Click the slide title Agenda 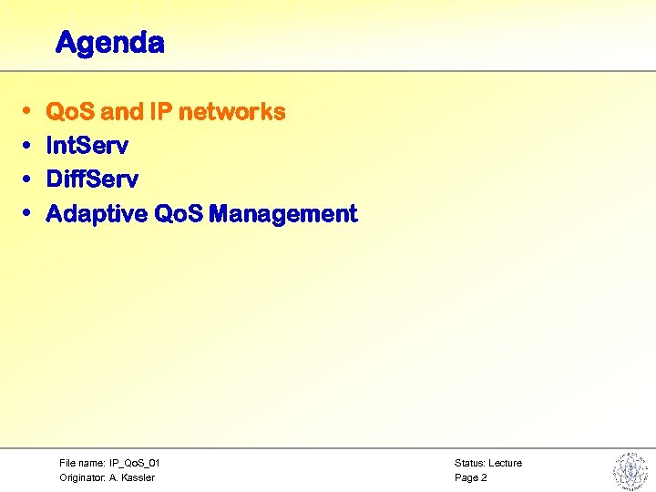(x=109, y=43)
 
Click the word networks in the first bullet (x=231, y=112)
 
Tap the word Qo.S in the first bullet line (x=71, y=112)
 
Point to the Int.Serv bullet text (x=87, y=146)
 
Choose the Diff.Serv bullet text (x=91, y=179)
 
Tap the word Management (x=283, y=214)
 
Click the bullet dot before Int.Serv (x=27, y=146)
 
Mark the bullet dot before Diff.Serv (x=27, y=179)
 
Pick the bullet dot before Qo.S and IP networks (x=27, y=112)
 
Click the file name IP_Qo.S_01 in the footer (x=135, y=463)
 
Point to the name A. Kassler (x=132, y=477)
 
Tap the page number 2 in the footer (x=484, y=477)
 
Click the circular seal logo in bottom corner (x=629, y=471)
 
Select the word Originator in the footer (x=82, y=477)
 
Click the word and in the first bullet (x=121, y=112)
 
